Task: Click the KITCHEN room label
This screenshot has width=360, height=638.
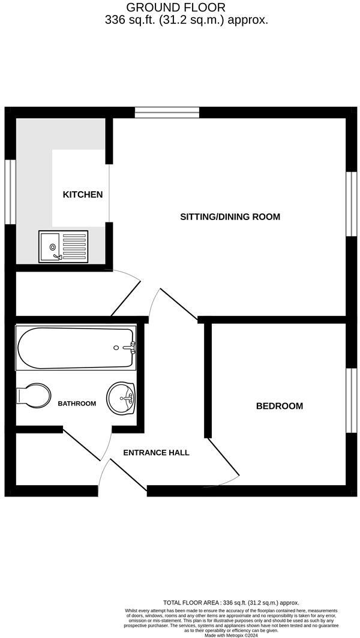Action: (x=83, y=194)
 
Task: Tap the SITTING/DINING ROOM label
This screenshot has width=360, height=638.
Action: (x=230, y=216)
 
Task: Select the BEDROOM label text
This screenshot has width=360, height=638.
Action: (x=279, y=406)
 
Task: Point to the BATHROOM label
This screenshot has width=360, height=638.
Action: (x=77, y=404)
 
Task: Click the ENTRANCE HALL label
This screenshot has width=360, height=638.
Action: (x=156, y=452)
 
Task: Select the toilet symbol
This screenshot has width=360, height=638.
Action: (x=33, y=395)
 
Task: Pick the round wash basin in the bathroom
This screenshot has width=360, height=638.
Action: (x=122, y=398)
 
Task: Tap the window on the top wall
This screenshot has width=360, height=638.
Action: (x=167, y=112)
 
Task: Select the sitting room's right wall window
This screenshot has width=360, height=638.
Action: (x=352, y=204)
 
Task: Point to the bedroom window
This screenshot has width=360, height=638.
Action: (x=352, y=400)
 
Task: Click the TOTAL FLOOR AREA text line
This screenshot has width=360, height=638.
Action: (x=231, y=603)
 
